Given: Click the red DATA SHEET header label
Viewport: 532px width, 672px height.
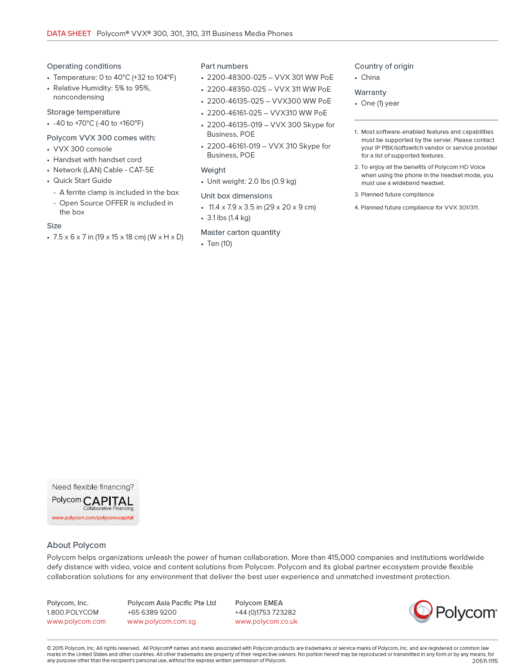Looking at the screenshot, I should [x=69, y=34].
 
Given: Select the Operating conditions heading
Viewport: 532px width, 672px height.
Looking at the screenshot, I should [x=84, y=66].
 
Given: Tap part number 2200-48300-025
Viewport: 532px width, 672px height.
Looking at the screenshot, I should [x=237, y=77].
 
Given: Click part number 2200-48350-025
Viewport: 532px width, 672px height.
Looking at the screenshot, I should [x=237, y=89].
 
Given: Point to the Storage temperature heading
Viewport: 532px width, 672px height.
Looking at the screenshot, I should [x=83, y=112].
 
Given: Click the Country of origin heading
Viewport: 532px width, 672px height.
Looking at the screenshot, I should [x=384, y=66].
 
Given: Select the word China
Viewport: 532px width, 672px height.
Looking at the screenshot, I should [x=370, y=77].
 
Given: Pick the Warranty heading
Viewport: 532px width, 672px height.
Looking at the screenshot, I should [x=370, y=92].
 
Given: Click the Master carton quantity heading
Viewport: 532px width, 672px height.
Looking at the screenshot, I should [x=240, y=232].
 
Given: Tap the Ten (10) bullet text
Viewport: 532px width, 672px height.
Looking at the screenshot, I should [x=219, y=244].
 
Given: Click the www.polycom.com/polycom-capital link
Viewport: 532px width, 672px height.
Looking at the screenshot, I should [x=93, y=518].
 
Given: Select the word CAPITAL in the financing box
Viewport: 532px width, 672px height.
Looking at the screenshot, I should [x=108, y=501].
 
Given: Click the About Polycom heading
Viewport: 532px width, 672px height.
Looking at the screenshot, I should [x=76, y=545].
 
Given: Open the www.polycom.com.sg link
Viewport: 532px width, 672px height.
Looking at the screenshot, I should [x=161, y=621].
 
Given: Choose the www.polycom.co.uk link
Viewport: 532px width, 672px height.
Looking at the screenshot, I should [x=266, y=621].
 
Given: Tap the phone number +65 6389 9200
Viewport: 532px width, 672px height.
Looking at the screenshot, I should [x=152, y=612].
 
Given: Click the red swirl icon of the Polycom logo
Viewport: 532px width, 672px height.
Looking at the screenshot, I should [x=421, y=611].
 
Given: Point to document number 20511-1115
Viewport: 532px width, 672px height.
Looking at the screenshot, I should [x=485, y=661].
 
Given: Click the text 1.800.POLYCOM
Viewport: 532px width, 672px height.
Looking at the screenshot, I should [x=73, y=612].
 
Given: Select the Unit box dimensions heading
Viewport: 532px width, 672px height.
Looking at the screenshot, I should [x=236, y=196].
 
